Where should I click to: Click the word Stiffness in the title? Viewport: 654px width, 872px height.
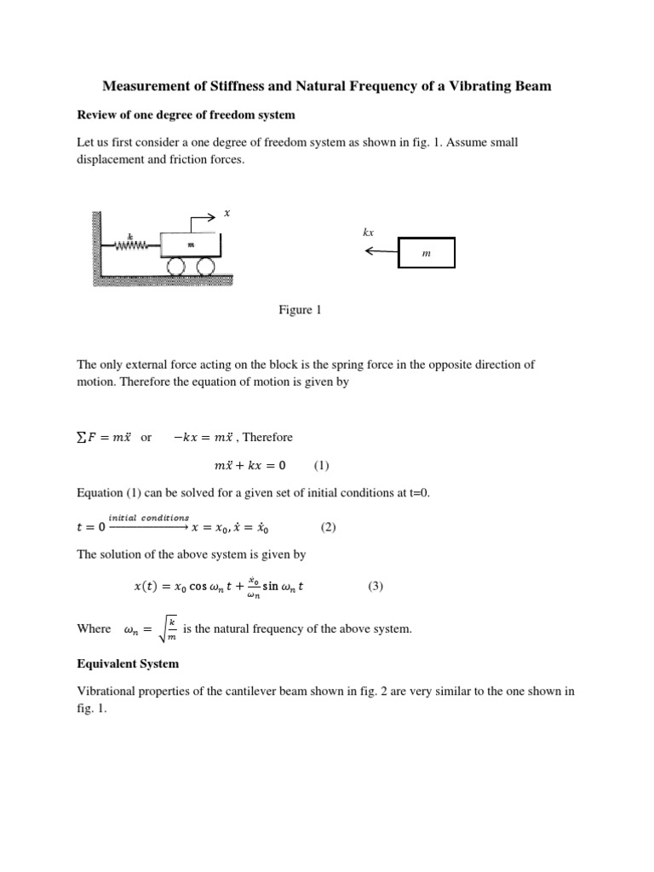tap(247, 86)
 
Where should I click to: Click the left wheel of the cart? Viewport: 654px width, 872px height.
tap(176, 268)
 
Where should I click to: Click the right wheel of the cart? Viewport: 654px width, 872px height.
tap(205, 268)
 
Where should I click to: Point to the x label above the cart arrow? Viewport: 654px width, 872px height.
tap(227, 213)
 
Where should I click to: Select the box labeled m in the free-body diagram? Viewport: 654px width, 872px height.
tap(426, 253)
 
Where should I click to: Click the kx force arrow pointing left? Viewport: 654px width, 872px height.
tap(379, 251)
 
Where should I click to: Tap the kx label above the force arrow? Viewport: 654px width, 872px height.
tap(369, 232)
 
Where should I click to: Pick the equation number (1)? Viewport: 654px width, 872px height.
tap(321, 466)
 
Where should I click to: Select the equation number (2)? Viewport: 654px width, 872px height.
tap(329, 527)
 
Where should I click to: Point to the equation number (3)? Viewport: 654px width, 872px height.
tap(376, 587)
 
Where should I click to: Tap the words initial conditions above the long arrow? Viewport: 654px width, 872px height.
tap(149, 518)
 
